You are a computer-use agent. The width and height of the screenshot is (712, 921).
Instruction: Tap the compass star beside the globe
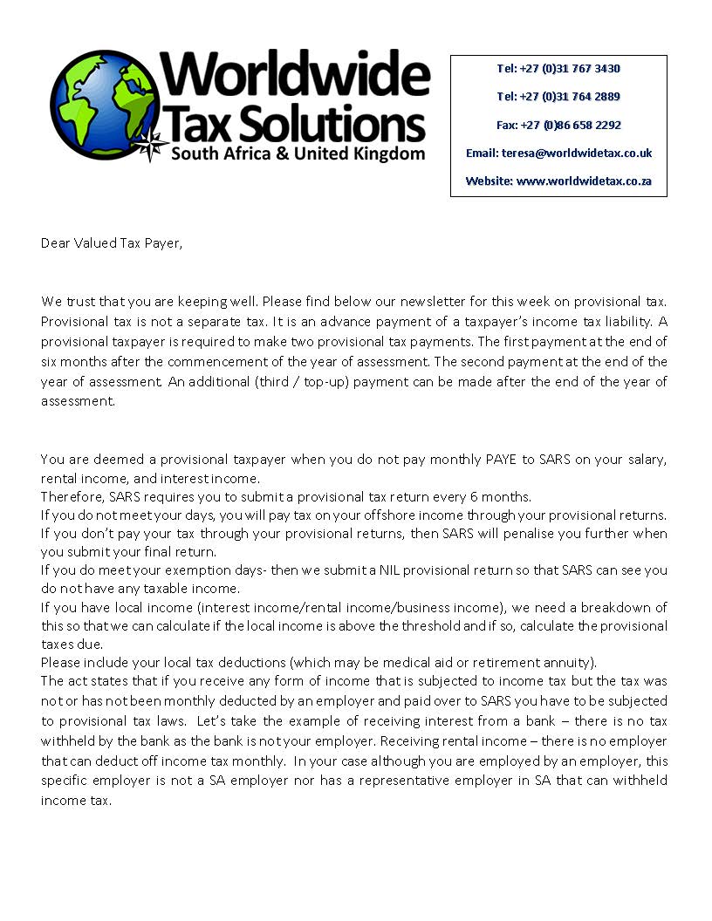[x=155, y=141]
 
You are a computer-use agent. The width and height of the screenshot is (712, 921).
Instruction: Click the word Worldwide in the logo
[x=294, y=76]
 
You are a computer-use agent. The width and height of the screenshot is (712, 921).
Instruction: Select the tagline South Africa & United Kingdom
[x=298, y=154]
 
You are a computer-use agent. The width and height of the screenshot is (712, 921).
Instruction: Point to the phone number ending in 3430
[x=558, y=68]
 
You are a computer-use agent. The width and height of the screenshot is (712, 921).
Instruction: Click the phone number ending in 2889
[x=558, y=96]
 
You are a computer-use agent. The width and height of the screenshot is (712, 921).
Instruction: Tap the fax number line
[x=558, y=125]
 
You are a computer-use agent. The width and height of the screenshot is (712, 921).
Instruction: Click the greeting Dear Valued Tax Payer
[x=113, y=242]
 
